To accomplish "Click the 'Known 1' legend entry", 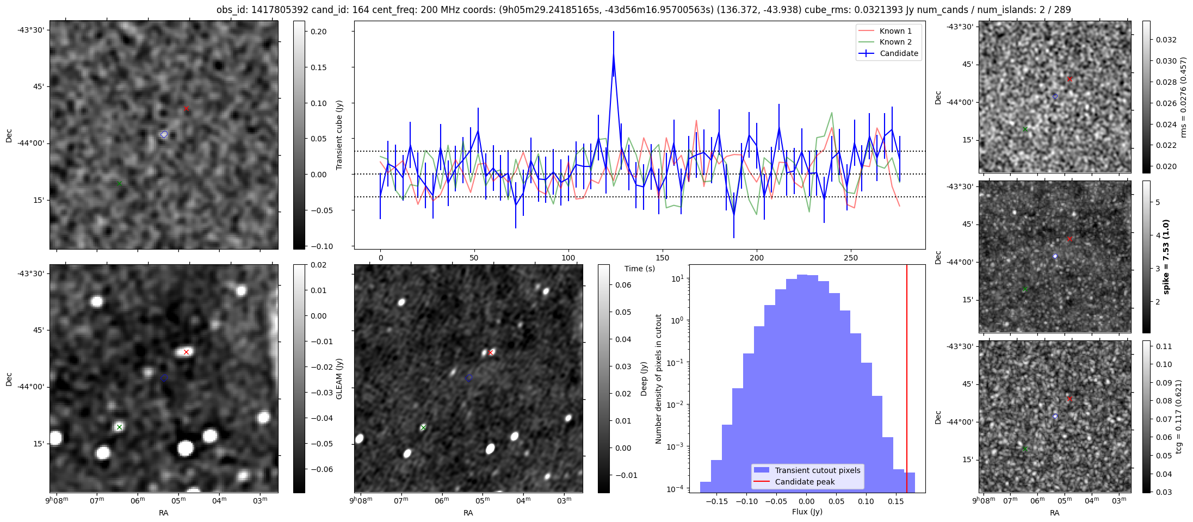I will (895, 31).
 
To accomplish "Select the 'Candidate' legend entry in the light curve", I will (899, 53).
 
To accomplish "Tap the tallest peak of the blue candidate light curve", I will (614, 54).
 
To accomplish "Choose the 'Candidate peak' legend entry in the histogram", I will (805, 482).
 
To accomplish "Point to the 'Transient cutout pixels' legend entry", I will (817, 470).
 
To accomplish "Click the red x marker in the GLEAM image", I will (186, 352).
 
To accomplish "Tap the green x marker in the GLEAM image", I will (119, 427).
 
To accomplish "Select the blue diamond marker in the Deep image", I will (469, 377).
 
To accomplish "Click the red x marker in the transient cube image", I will (186, 109).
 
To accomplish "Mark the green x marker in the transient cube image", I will (119, 183).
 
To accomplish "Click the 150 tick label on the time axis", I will (663, 258).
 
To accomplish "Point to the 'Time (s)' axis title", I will (639, 269).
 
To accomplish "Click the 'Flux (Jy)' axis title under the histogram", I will (807, 512).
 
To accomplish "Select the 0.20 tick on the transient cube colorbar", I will (319, 32).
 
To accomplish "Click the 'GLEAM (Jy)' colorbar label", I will (339, 378).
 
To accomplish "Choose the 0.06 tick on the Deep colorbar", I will (623, 285).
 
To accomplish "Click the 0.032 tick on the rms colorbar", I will (1166, 40).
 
